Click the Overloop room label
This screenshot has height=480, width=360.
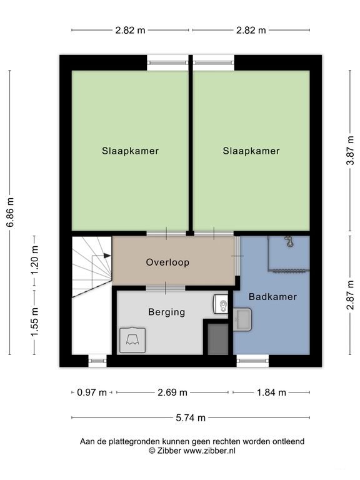click(x=167, y=262)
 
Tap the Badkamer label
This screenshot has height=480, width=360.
click(x=272, y=297)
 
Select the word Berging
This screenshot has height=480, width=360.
click(x=166, y=312)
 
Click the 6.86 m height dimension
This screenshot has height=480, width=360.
click(x=11, y=212)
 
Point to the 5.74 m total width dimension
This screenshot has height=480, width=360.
click(x=191, y=417)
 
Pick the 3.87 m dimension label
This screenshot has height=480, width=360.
click(x=350, y=151)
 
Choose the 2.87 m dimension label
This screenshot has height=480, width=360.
click(x=350, y=295)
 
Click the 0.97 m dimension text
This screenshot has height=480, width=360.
click(x=91, y=392)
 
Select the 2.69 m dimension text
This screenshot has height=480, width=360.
click(x=172, y=392)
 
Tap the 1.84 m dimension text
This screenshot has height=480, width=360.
click(x=271, y=392)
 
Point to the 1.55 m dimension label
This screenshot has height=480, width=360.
click(x=34, y=322)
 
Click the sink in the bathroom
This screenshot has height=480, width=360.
click(x=242, y=319)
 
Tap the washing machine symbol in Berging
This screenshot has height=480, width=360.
click(x=132, y=340)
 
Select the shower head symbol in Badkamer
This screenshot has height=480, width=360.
click(x=289, y=241)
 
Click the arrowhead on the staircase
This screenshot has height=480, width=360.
click(x=107, y=256)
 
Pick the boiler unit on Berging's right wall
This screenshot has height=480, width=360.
click(x=221, y=304)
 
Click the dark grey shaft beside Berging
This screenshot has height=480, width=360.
click(x=218, y=339)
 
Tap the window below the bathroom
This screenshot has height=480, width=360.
click(x=253, y=361)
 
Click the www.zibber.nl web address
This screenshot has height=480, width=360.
click(x=209, y=451)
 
